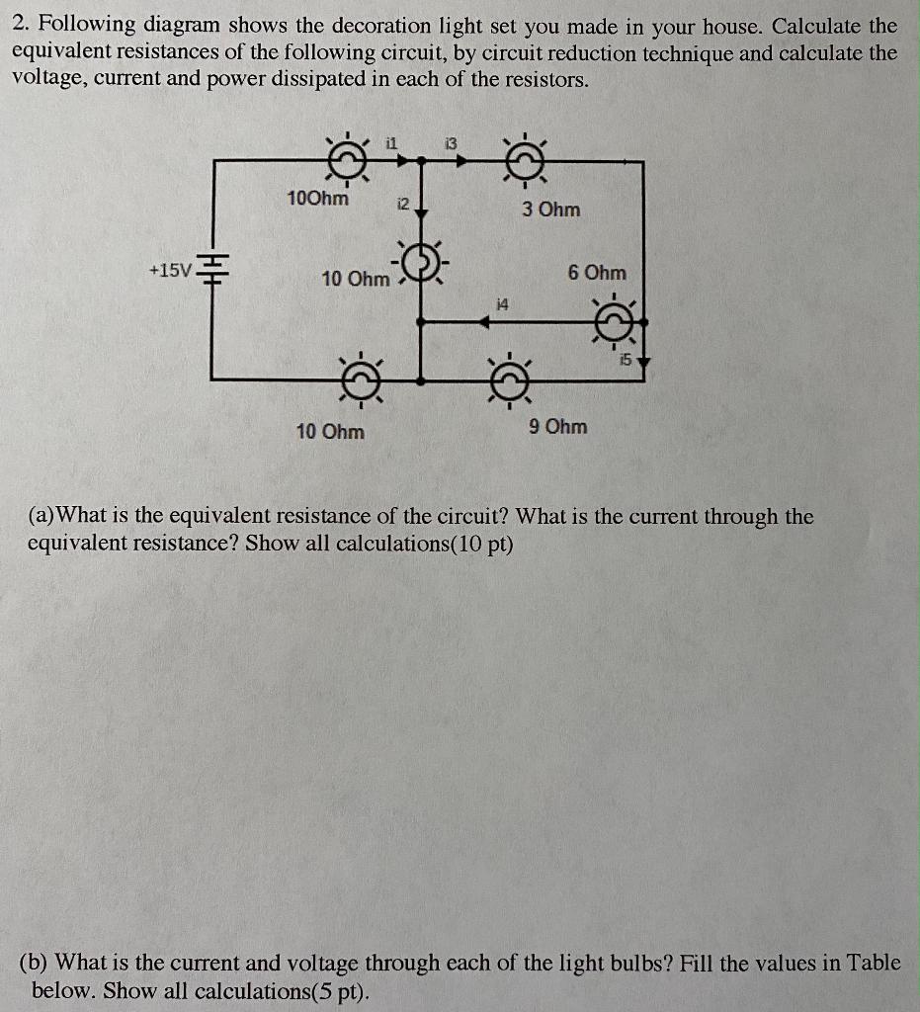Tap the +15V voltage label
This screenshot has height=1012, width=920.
tap(169, 269)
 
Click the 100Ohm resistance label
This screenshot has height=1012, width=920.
tap(317, 198)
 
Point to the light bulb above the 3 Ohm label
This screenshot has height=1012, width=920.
tap(525, 158)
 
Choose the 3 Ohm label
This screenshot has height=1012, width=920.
tap(551, 210)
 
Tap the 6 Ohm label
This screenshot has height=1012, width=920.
tap(597, 272)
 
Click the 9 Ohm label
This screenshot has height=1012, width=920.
tap(557, 427)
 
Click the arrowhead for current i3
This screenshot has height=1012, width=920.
tap(460, 158)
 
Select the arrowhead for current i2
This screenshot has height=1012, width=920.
tap(422, 211)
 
